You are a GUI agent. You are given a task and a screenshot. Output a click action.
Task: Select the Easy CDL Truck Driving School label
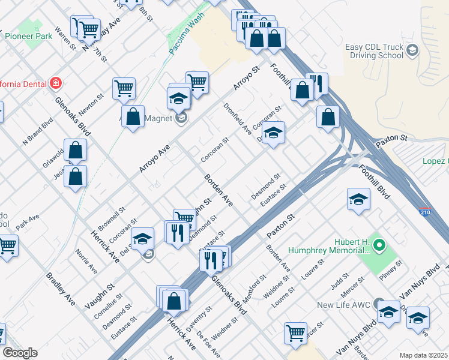374,52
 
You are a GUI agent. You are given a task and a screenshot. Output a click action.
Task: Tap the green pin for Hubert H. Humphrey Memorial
378,245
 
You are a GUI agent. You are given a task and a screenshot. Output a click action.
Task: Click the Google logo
20,353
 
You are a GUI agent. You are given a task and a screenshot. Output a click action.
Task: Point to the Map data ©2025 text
423,355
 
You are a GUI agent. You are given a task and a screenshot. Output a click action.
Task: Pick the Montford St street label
255,285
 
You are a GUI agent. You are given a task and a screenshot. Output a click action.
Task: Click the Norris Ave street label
86,262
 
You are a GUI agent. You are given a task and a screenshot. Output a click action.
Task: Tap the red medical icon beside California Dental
55,82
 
